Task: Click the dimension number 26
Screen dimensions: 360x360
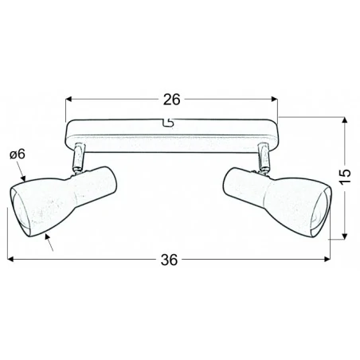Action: [x=170, y=100]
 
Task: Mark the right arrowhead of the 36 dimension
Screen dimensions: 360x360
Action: [x=327, y=259]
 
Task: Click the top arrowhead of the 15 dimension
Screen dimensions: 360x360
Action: [x=343, y=122]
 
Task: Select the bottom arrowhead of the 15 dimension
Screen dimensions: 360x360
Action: [x=343, y=236]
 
